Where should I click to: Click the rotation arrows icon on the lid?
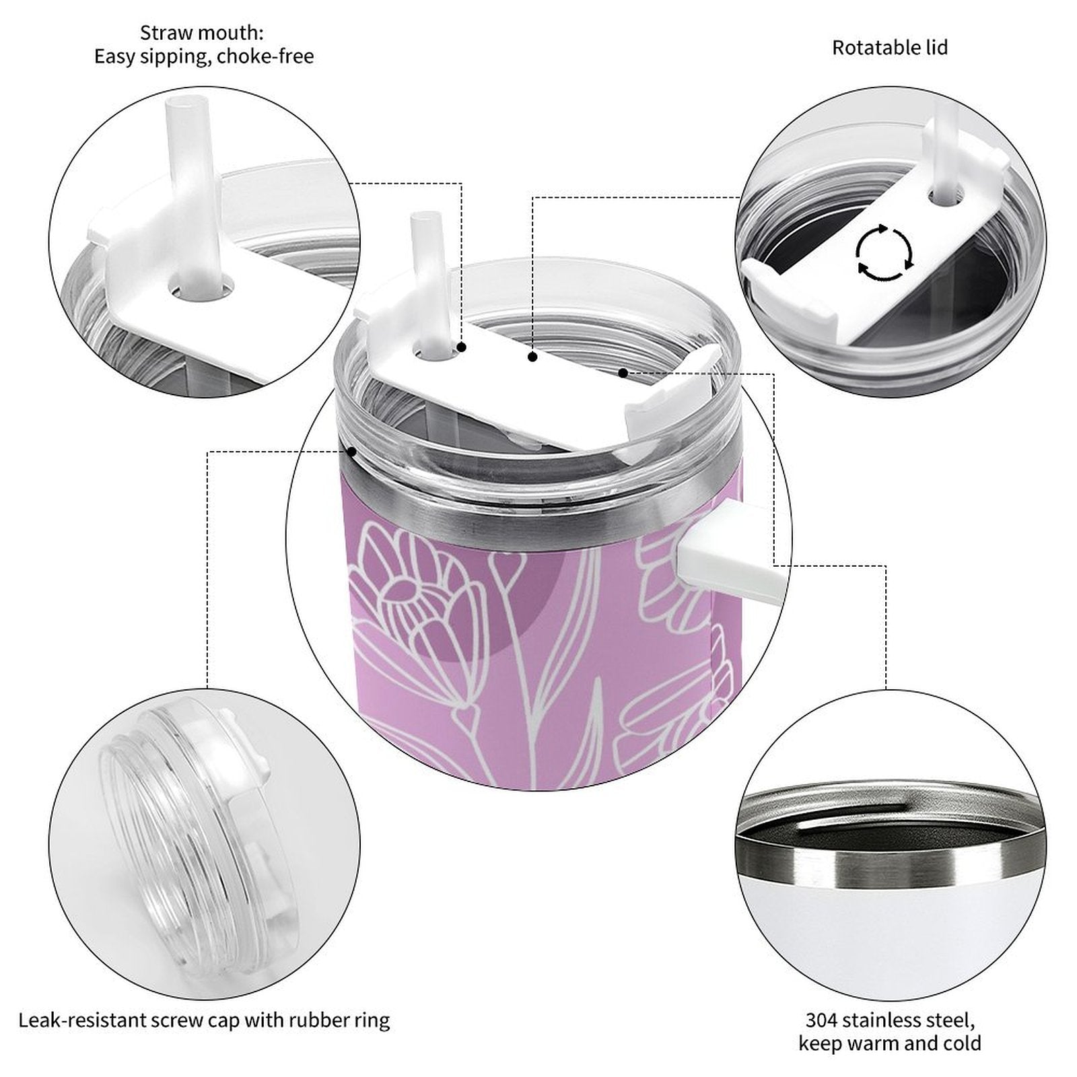click(884, 253)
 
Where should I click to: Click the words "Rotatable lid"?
click(890, 48)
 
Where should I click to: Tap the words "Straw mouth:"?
click(202, 32)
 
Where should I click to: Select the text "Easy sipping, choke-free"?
click(203, 57)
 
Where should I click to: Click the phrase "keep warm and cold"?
click(890, 1043)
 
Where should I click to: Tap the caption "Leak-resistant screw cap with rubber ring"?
click(204, 1020)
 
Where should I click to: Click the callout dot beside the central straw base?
click(462, 347)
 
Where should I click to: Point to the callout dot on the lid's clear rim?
click(351, 452)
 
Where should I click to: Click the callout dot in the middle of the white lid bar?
click(532, 357)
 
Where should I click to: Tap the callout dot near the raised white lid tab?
click(623, 372)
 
